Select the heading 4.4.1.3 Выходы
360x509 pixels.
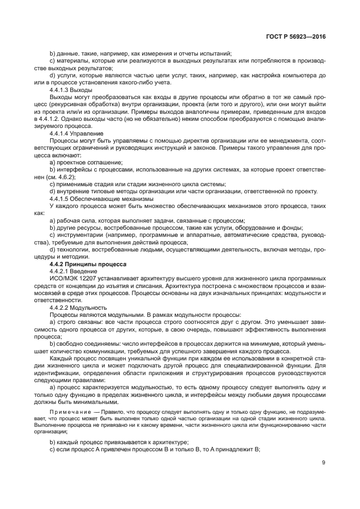[71, 89]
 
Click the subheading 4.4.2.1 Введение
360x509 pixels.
[73, 271]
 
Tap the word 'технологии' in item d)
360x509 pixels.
[75, 249]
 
